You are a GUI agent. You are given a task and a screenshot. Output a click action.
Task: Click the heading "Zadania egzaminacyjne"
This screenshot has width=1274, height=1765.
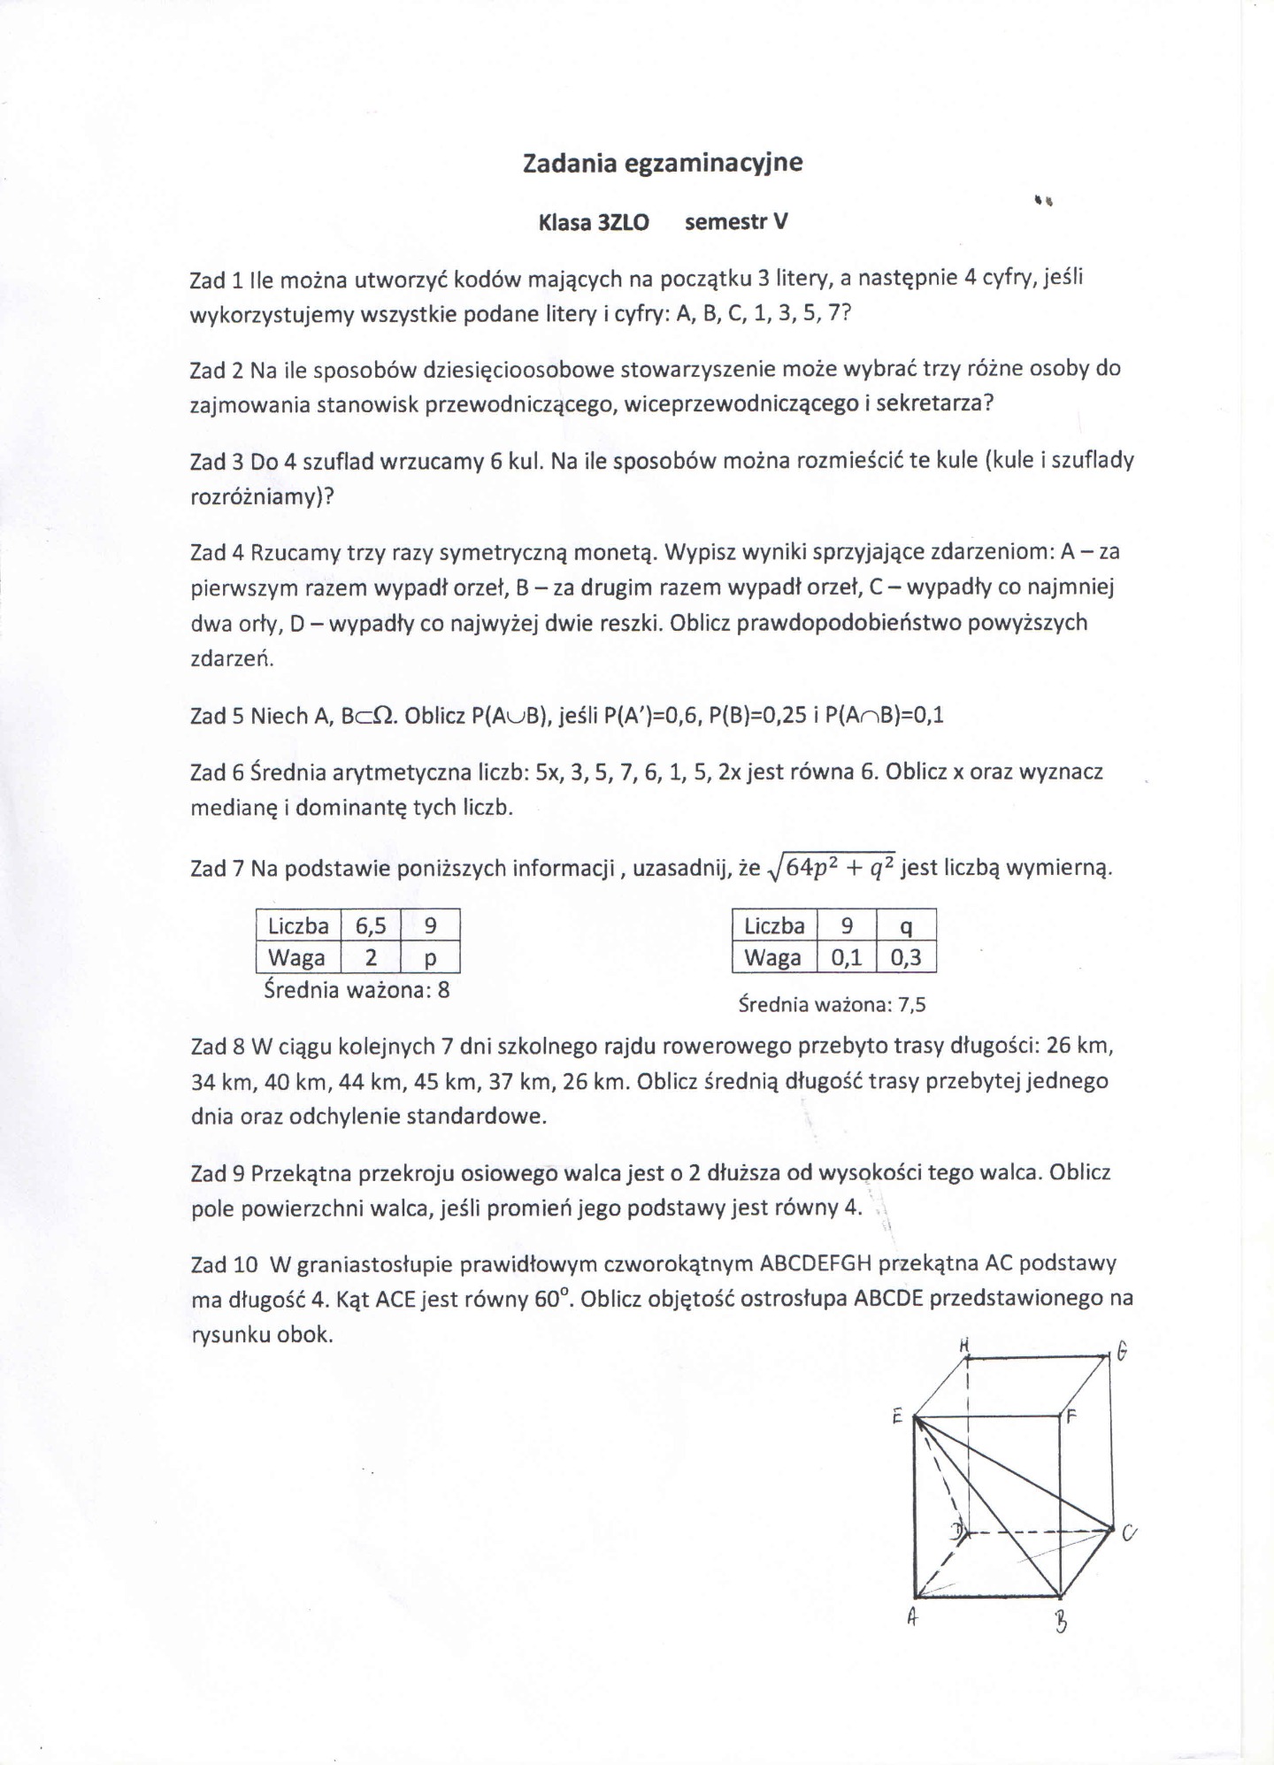click(663, 164)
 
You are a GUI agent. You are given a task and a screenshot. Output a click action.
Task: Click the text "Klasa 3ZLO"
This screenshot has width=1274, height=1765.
click(594, 223)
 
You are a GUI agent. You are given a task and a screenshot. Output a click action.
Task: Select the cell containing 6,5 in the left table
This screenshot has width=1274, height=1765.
click(371, 926)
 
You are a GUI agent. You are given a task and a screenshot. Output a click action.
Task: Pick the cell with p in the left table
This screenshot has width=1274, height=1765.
click(430, 958)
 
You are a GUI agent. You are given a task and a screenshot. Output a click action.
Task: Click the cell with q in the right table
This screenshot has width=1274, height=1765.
click(905, 926)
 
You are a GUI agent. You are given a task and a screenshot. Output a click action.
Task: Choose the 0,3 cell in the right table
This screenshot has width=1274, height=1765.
click(905, 958)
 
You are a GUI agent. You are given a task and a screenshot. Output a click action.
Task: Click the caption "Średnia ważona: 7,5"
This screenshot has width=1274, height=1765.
click(832, 1005)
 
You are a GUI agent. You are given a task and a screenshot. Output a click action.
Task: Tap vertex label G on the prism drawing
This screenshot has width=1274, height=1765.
click(1122, 1353)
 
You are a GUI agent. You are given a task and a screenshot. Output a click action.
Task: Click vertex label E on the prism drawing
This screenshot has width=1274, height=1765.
click(896, 1416)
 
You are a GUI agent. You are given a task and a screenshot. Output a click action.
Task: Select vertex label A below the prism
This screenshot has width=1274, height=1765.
click(911, 1618)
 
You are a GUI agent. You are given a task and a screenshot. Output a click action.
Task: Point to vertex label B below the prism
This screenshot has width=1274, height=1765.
click(1061, 1624)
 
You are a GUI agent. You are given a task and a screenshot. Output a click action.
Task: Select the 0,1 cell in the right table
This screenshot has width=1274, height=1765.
click(846, 958)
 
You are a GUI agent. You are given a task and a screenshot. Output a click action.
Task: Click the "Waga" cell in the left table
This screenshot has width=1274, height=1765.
click(297, 958)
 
